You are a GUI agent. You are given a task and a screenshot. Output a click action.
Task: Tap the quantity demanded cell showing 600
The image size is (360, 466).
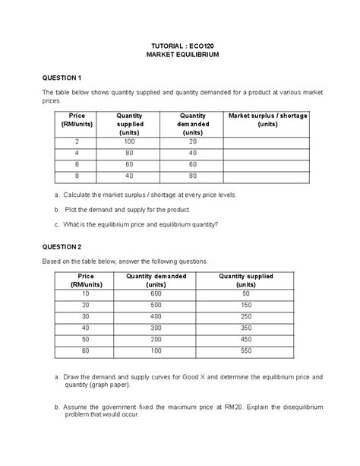(x=155, y=293)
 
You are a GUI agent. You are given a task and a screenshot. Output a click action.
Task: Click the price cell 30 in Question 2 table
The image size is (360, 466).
(x=85, y=316)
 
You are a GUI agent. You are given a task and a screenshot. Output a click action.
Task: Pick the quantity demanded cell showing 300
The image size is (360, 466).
(x=155, y=328)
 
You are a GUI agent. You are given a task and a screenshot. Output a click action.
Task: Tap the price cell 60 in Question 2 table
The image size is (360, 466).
(x=85, y=351)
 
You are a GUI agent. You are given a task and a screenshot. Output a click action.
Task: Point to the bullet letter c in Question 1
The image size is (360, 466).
(x=57, y=224)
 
